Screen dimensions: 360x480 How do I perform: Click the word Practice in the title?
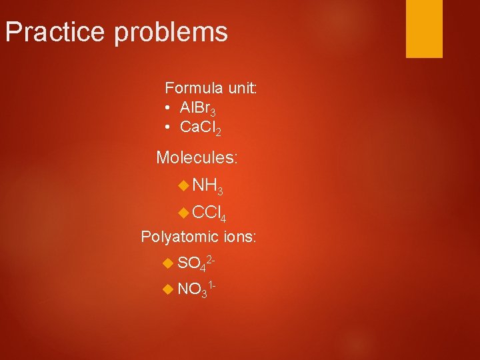click(55, 32)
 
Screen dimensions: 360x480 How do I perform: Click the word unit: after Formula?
click(241, 88)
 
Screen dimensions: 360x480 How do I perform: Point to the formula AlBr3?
click(197, 109)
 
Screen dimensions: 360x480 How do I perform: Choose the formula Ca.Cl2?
click(201, 129)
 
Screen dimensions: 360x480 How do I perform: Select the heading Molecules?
click(197, 158)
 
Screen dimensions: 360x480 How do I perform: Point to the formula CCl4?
click(209, 213)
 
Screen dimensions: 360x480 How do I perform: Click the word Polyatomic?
click(179, 237)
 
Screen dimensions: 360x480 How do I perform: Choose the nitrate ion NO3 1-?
click(195, 289)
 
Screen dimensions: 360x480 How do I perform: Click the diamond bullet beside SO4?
click(168, 263)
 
